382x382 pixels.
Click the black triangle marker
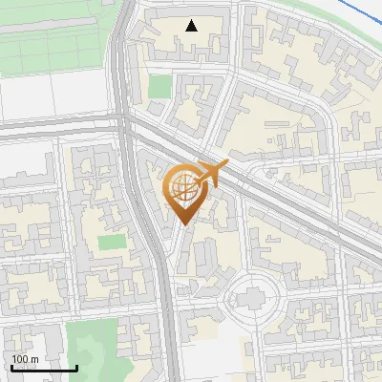[192, 26]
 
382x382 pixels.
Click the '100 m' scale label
[25, 359]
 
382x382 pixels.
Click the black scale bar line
[44, 368]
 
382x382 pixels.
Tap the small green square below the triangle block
[159, 87]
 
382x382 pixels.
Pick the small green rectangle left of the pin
[111, 243]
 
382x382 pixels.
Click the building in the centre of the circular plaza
[251, 300]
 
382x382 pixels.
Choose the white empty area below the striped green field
[53, 95]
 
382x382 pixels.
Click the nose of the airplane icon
[228, 165]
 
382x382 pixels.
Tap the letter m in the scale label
[34, 359]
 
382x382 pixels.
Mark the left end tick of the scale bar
[12, 367]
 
